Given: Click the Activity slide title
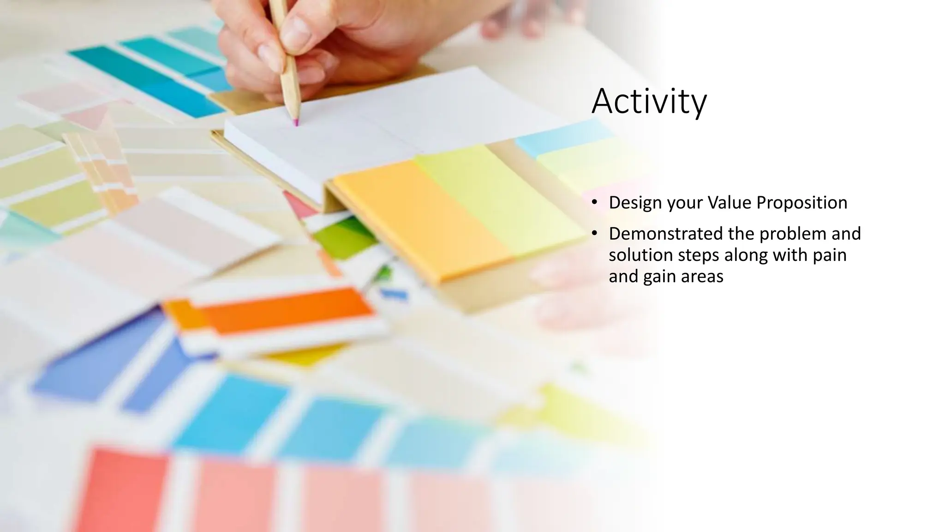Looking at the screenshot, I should click(648, 102).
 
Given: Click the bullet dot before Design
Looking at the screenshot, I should click(595, 202).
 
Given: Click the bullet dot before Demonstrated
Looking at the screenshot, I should click(595, 233).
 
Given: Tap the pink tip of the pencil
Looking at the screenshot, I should click(296, 123).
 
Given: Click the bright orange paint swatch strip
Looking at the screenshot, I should click(286, 309).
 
